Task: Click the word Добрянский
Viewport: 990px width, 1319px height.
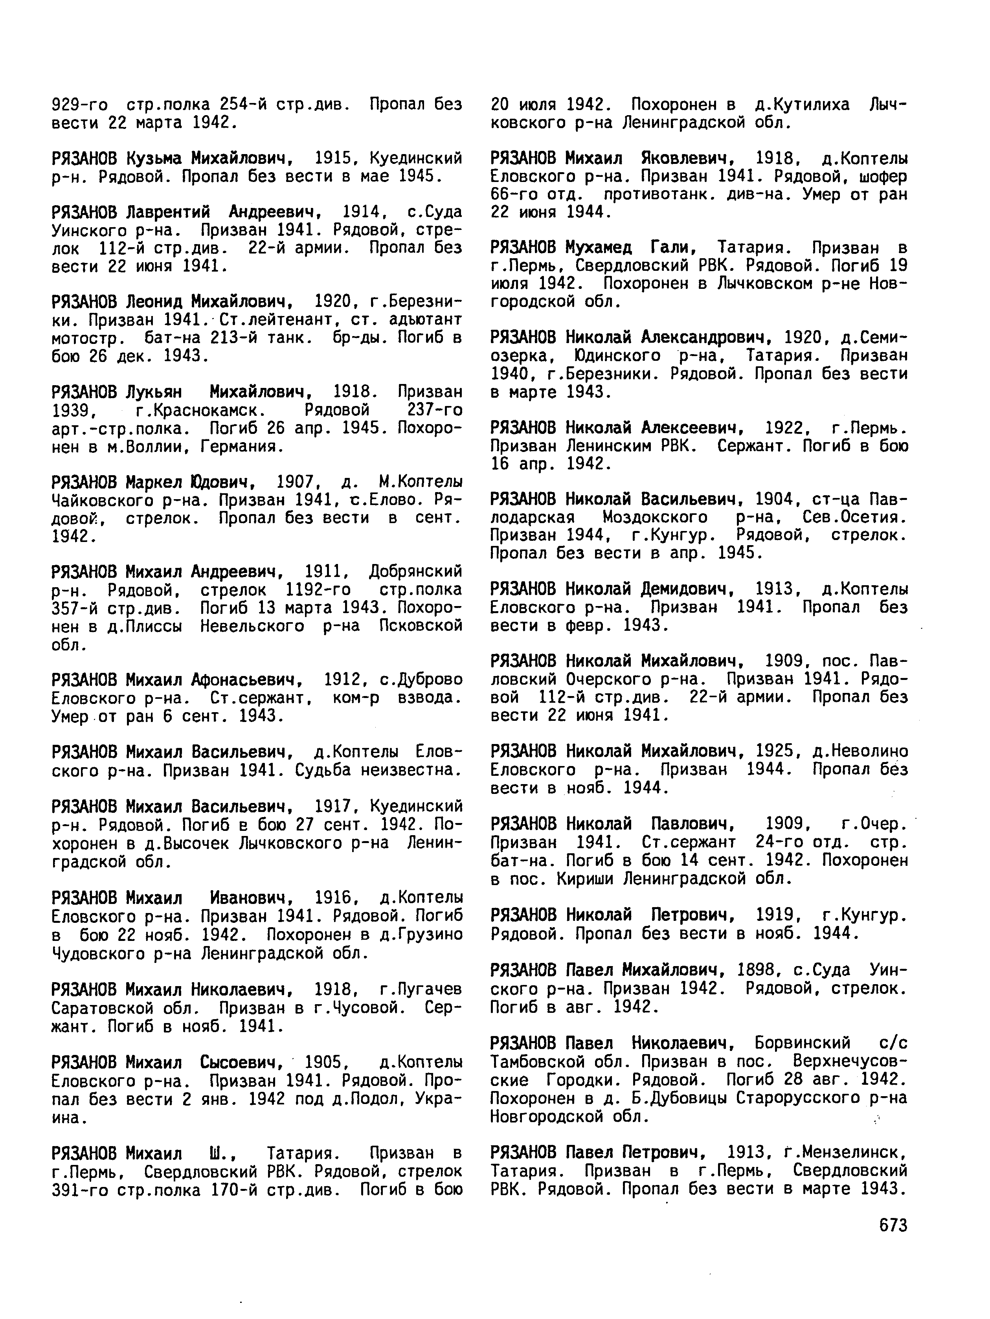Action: point(416,571)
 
